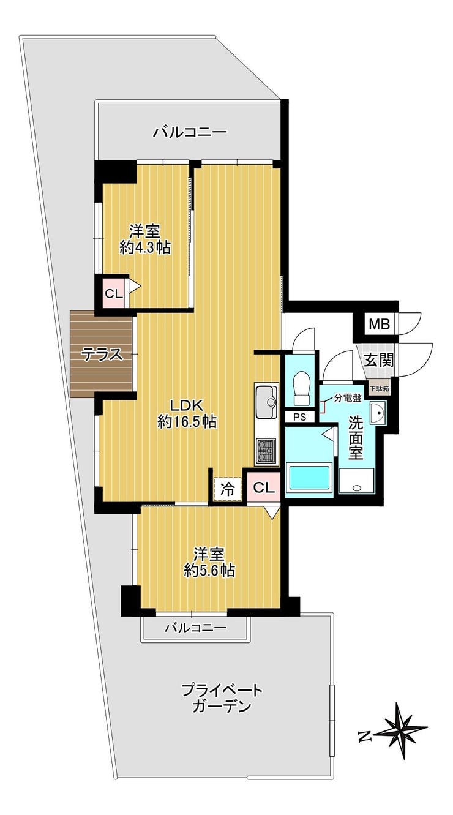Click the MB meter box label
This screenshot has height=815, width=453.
pyautogui.click(x=379, y=323)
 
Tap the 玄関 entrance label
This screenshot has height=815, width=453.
pyautogui.click(x=379, y=360)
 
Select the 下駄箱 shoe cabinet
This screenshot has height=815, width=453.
pyautogui.click(x=380, y=388)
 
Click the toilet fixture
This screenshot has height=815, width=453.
pyautogui.click(x=301, y=388)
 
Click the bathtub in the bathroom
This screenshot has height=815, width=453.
pyautogui.click(x=309, y=478)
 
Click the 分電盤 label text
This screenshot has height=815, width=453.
pyautogui.click(x=347, y=398)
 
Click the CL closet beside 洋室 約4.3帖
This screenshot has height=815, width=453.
pyautogui.click(x=113, y=293)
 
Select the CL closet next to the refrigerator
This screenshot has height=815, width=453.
pyautogui.click(x=263, y=487)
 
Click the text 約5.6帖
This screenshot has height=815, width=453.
pyautogui.click(x=209, y=571)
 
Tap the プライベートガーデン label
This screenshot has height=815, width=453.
pyautogui.click(x=222, y=698)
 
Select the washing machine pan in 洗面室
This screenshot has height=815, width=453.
pyautogui.click(x=356, y=481)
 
